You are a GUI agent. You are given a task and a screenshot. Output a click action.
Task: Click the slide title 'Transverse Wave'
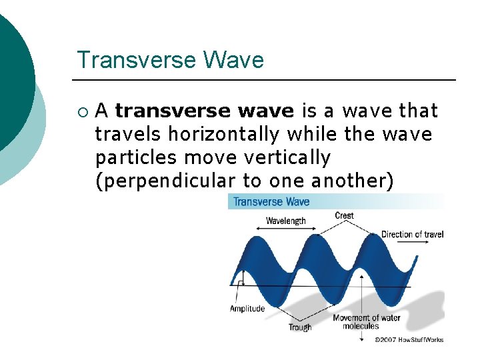(170, 60)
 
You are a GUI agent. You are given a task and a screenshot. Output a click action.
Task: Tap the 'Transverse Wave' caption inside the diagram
(271, 201)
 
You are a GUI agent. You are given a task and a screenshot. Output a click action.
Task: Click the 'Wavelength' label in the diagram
(285, 221)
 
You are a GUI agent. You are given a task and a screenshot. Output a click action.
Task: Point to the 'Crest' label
(344, 215)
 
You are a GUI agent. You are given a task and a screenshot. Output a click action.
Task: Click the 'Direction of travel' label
(412, 234)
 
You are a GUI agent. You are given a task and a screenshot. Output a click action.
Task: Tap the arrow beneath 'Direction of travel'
(412, 243)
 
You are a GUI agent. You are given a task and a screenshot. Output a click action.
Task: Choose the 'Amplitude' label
(247, 308)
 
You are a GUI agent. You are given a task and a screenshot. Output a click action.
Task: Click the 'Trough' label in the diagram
(300, 327)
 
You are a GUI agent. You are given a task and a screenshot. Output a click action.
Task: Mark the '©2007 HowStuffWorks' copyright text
(409, 339)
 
